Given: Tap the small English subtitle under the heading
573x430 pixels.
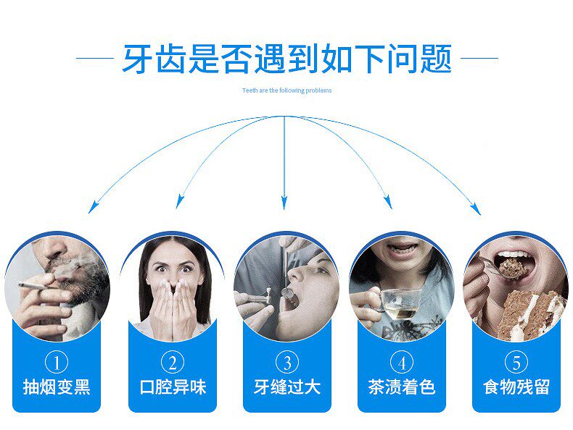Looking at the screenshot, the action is point(286,90).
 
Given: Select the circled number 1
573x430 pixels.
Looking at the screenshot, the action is point(57,362).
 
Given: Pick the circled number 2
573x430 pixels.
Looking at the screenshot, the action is point(172,362).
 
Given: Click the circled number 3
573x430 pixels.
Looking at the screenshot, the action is point(286,362).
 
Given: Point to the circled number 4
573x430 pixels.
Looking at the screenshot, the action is point(401,362).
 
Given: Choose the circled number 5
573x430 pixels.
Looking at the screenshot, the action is point(516,362).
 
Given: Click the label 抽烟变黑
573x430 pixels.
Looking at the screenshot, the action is point(57,387).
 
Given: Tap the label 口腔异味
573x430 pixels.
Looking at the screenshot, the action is point(172,387).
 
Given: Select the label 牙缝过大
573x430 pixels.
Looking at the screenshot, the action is point(286,387).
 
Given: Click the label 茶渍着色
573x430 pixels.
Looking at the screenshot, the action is point(401,387).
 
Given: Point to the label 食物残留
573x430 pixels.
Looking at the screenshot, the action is point(516,387).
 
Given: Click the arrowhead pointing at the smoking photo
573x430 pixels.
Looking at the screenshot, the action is point(91,208).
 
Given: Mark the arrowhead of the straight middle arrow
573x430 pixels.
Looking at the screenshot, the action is point(284,205).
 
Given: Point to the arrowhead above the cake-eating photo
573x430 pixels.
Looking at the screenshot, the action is point(477,209).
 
